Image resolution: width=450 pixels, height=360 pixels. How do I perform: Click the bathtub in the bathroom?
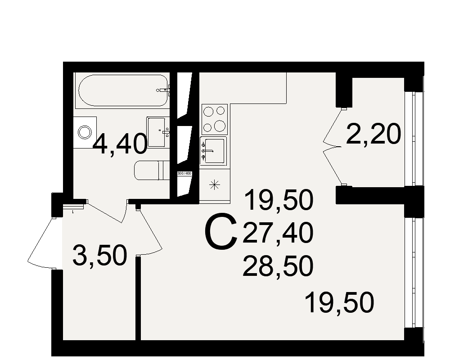pyautogui.click(x=123, y=90)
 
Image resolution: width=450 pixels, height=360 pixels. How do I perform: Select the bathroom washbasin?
pyautogui.click(x=158, y=132)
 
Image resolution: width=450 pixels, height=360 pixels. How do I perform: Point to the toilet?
pyautogui.click(x=152, y=171)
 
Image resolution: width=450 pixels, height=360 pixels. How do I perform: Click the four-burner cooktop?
pyautogui.click(x=215, y=119)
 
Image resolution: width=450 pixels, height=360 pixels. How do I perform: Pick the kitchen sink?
pyautogui.click(x=213, y=151)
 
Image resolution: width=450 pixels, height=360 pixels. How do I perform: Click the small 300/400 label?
pyautogui.click(x=184, y=173)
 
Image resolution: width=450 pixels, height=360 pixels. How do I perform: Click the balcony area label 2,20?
pyautogui.click(x=373, y=134)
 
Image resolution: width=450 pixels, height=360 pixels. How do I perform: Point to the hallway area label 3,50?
pyautogui.click(x=99, y=256)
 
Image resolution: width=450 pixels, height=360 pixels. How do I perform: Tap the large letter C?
pyautogui.click(x=221, y=232)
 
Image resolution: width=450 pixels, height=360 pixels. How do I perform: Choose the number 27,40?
pyautogui.click(x=278, y=234)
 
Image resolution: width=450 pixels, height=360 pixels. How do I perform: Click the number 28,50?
pyautogui.click(x=278, y=266)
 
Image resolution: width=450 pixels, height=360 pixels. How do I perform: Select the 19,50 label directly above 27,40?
pyautogui.click(x=279, y=200)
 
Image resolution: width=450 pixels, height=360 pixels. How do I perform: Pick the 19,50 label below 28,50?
pyautogui.click(x=340, y=302)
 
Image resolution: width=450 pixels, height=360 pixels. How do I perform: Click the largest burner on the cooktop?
pyautogui.click(x=220, y=126)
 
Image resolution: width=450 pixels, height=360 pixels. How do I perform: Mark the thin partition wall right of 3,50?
pyautogui.click(x=138, y=298)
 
